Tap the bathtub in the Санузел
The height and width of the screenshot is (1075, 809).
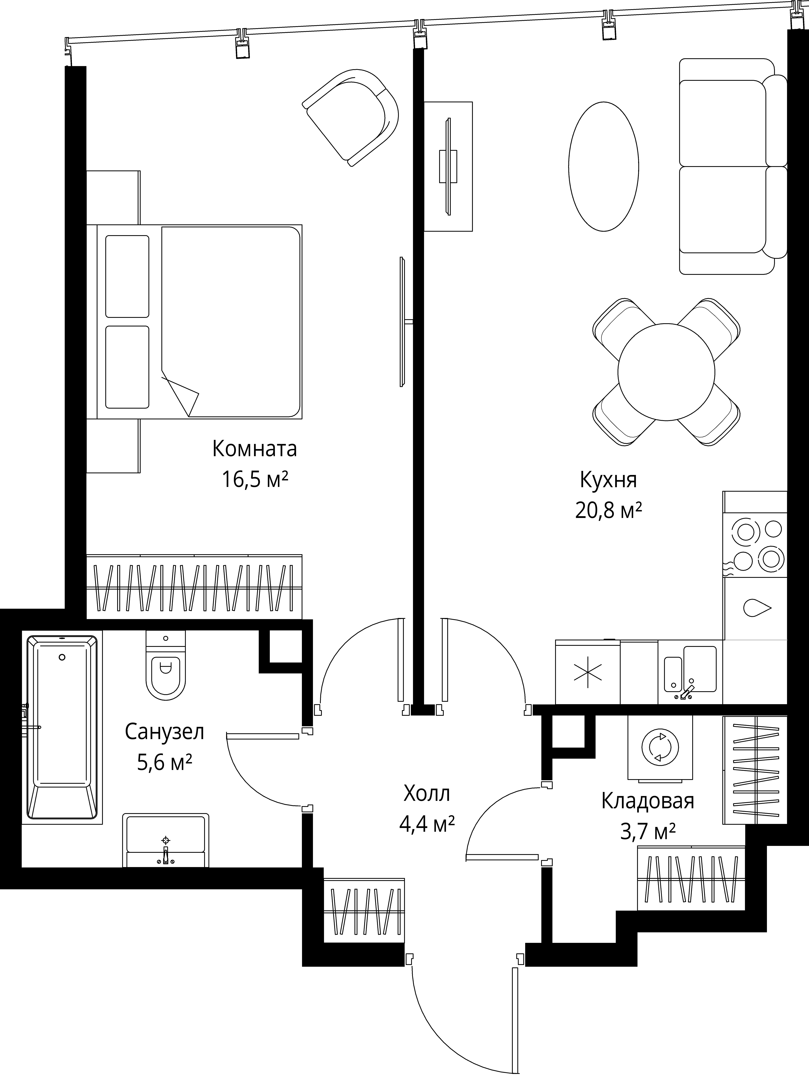coord(62,727)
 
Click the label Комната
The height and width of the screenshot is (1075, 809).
coord(255,449)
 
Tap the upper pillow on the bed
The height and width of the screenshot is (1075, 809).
coord(127,277)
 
